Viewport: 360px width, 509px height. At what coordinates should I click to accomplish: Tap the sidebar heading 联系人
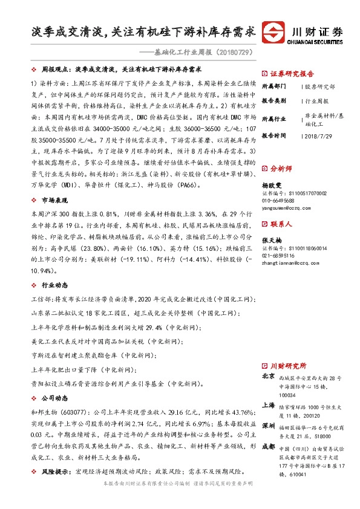281,224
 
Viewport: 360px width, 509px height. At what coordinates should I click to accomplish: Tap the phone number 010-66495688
279,200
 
